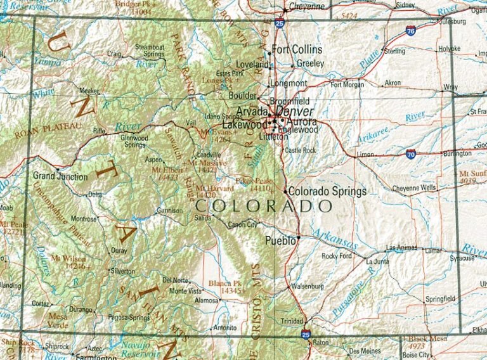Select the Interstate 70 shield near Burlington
coord(411,153)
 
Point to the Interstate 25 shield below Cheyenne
coord(280,24)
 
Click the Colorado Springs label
coord(327,191)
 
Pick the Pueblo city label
coord(280,240)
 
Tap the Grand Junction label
coord(60,177)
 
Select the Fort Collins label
coord(297,49)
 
